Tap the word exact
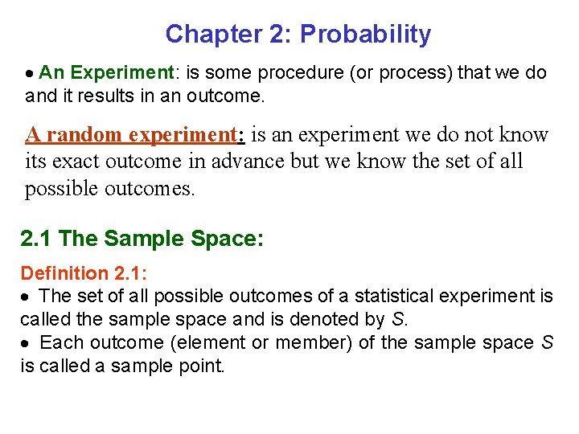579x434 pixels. tap(78, 161)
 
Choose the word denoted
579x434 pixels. tap(328, 319)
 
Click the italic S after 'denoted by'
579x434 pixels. tap(399, 319)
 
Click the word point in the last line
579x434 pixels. tap(204, 366)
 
